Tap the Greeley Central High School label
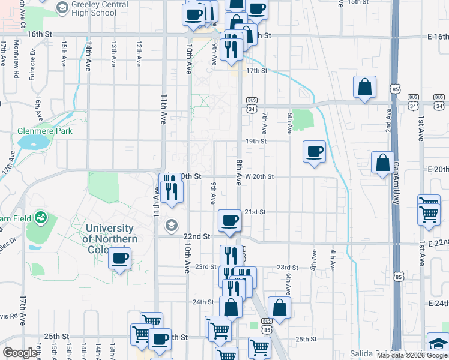coord(95,8)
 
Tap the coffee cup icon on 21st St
coord(229,221)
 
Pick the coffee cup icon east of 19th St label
coord(314,151)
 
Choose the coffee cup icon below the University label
coord(119,259)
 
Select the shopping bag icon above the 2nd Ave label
coord(364,88)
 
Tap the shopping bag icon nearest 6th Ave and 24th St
coord(280,308)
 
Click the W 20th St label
coord(259,177)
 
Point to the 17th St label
coord(256,70)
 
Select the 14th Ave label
coord(88,56)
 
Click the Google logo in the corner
coord(20,353)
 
